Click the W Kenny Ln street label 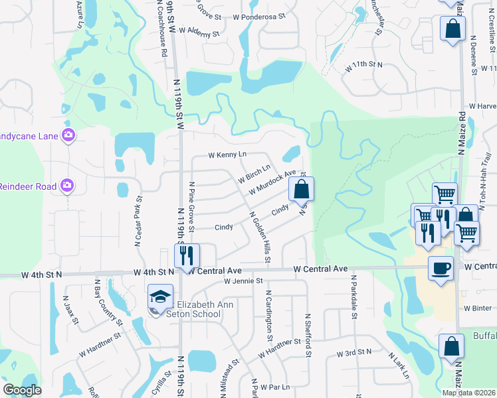coord(227,155)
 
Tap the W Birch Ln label coord(254,174)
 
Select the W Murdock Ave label coord(272,182)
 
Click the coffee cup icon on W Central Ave coord(441,268)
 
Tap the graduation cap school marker coord(160,297)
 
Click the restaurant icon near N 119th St coord(187,255)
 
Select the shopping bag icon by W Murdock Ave coord(301,189)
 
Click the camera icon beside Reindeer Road coord(68,185)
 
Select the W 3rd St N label coord(357,354)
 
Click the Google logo coord(22,390)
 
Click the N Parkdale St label coord(354,297)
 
